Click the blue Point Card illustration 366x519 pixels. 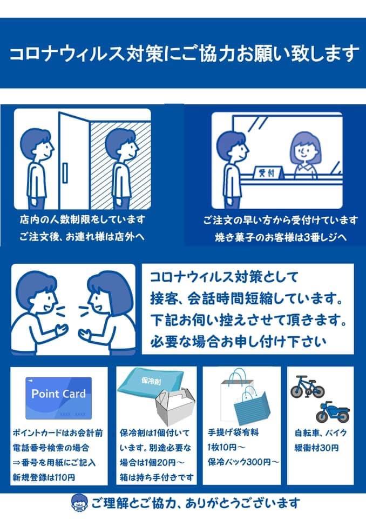click(58, 398)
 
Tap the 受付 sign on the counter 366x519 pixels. click(268, 172)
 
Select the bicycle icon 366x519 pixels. click(308, 387)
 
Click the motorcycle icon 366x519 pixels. click(333, 412)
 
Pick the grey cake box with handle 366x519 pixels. click(175, 407)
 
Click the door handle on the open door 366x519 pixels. click(65, 173)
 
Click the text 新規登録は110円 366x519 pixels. click(44, 477)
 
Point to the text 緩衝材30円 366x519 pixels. click(317, 448)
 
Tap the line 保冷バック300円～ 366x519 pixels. click(243, 462)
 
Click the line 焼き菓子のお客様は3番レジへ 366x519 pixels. click(281, 237)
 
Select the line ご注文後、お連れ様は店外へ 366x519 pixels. click(82, 237)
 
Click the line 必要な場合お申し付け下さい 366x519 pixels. click(238, 342)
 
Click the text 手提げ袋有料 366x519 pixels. click(233, 432)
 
